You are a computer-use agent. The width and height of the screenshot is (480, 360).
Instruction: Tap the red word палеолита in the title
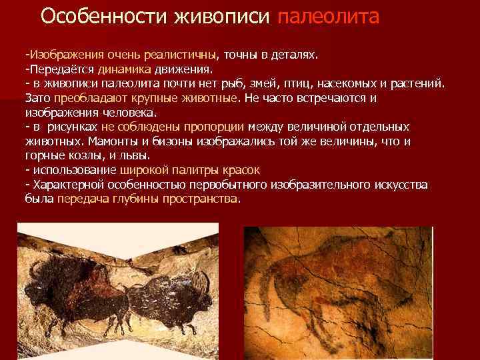pos(327,17)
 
